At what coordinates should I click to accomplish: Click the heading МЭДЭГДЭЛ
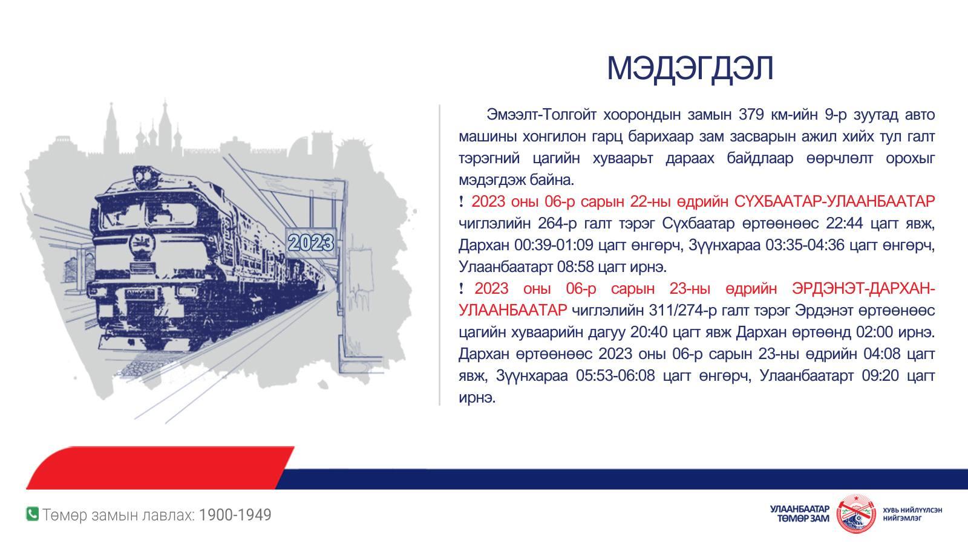click(x=690, y=68)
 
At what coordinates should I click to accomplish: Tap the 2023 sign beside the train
click(x=311, y=242)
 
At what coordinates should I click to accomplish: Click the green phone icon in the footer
click(x=33, y=514)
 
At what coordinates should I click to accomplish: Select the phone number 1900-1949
click(x=235, y=514)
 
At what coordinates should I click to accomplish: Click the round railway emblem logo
click(x=856, y=514)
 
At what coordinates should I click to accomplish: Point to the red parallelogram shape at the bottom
click(x=160, y=468)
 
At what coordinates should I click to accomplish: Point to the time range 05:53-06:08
click(x=615, y=375)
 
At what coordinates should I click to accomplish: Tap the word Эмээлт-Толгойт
click(x=541, y=115)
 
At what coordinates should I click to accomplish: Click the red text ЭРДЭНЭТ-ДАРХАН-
click(x=863, y=288)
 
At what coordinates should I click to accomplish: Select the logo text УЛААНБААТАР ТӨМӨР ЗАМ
click(x=800, y=514)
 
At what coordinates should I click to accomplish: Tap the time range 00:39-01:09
click(x=554, y=245)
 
